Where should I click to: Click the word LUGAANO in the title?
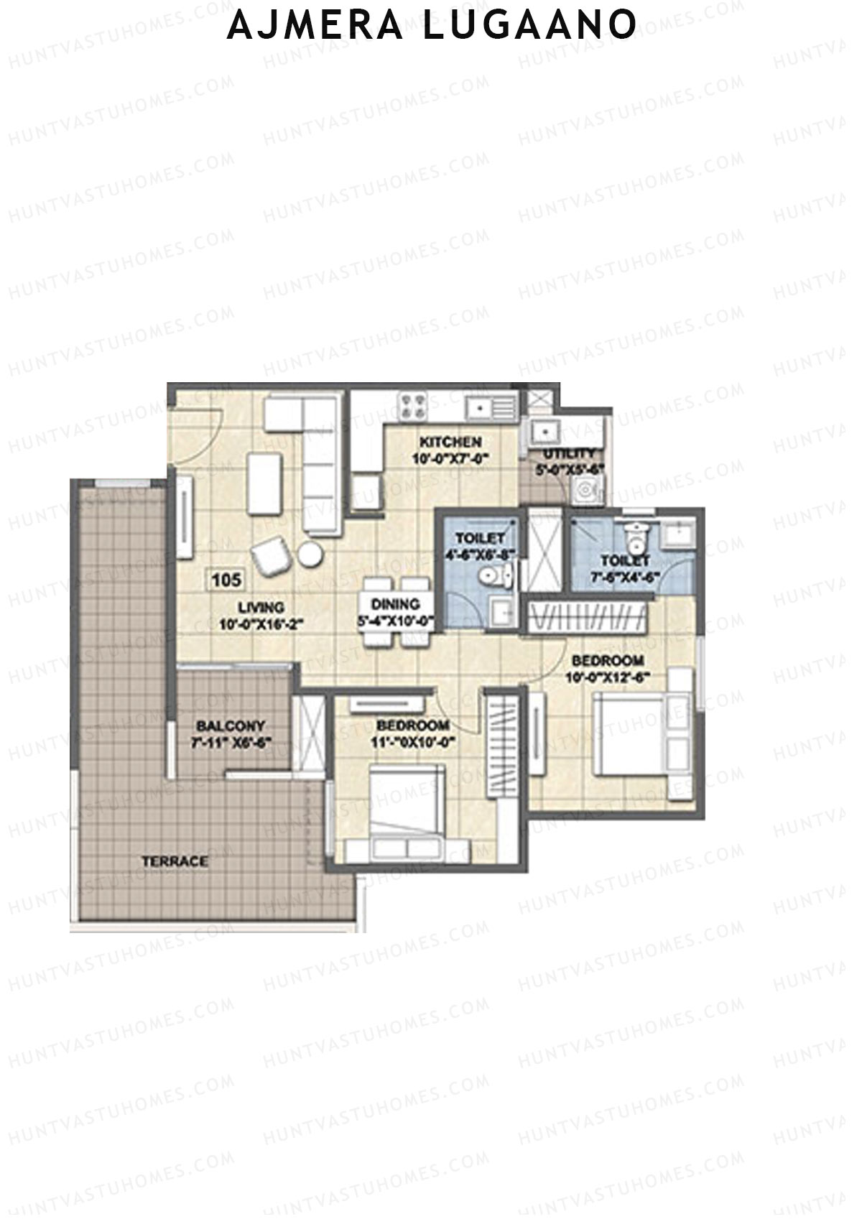529,25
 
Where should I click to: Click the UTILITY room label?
569,454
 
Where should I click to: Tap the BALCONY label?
231,726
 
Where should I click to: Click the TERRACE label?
175,861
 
